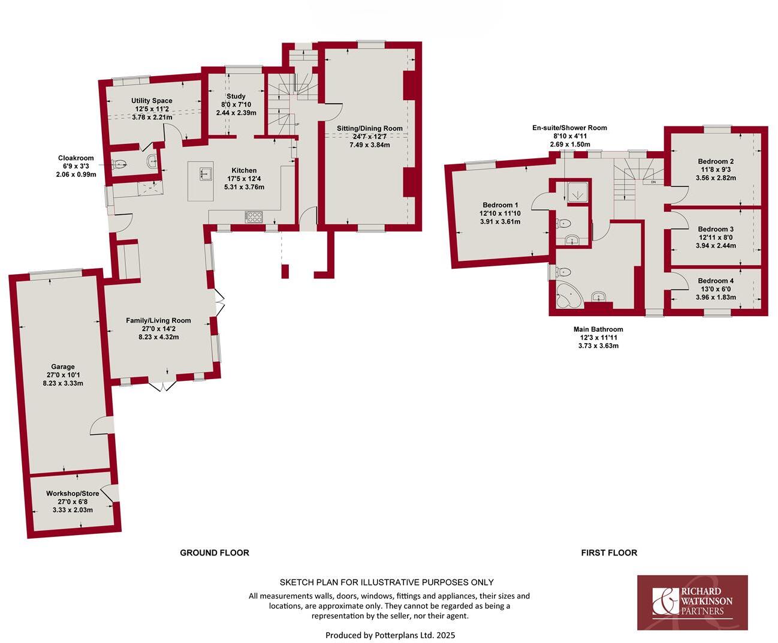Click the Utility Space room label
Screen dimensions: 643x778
coord(152,101)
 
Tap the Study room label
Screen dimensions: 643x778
coord(236,96)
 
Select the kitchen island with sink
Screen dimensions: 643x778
coord(202,181)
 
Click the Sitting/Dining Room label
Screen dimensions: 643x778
coord(370,128)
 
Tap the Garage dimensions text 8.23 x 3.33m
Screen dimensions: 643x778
coord(63,383)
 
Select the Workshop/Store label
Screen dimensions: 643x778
coord(73,494)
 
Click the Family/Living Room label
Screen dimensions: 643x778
coord(158,320)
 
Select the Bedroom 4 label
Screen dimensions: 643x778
coord(715,281)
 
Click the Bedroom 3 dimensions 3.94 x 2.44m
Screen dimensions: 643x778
coord(715,245)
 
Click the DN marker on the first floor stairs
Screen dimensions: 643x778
coord(653,182)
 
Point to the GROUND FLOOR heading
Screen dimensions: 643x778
coord(215,552)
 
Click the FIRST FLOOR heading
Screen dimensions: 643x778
coord(609,552)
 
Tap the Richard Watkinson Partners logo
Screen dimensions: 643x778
coord(692,602)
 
